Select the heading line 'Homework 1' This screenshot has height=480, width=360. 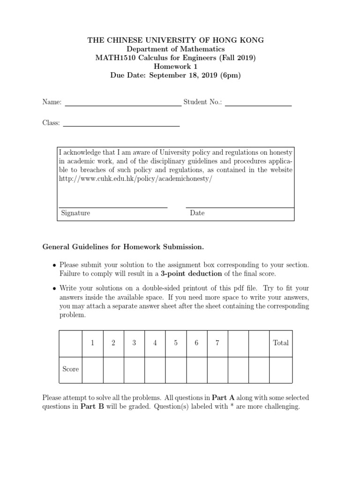[175, 67]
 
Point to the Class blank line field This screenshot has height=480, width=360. [121, 123]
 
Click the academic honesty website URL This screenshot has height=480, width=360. [132, 179]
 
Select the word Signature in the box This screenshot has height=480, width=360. [75, 213]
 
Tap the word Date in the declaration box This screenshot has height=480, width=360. [197, 213]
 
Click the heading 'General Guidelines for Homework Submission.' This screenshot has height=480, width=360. [123, 247]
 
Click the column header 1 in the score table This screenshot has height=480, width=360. [93, 343]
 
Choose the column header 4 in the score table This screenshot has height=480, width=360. [155, 343]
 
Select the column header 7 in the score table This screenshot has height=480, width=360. [217, 343]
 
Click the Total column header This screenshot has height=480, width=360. [281, 343]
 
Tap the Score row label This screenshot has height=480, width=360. [71, 369]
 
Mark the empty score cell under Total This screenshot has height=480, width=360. [281, 369]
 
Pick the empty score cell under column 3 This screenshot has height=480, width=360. [134, 369]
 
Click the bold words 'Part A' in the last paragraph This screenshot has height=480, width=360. [223, 397]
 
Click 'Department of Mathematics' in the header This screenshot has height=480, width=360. [175, 49]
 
